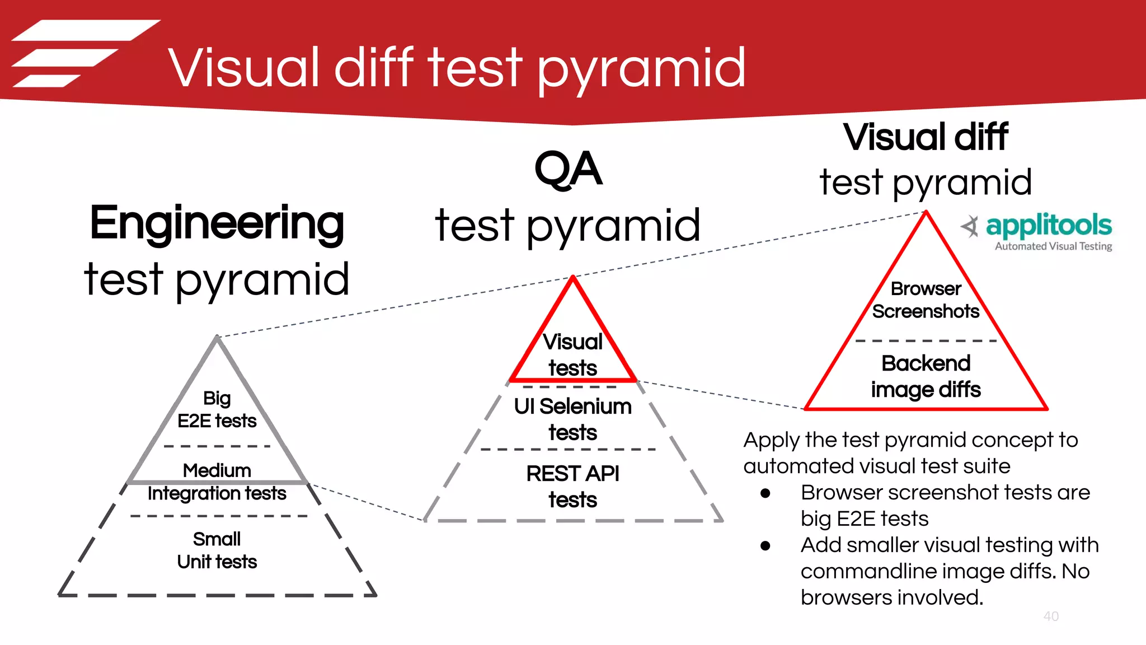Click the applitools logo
(x=1036, y=226)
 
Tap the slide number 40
(x=1051, y=616)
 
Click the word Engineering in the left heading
(x=217, y=223)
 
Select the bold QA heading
(x=568, y=169)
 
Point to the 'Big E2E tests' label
(x=217, y=409)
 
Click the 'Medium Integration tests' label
(x=217, y=482)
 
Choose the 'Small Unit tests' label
(x=217, y=550)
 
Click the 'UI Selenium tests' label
(x=572, y=419)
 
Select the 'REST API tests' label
(x=572, y=487)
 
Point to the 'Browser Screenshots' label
(x=926, y=300)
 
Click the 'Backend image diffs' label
(x=926, y=376)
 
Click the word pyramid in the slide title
(x=642, y=69)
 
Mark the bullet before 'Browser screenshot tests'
(x=765, y=493)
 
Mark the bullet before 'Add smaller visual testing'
(x=765, y=546)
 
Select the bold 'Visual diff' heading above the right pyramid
(x=926, y=137)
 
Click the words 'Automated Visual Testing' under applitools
(x=1053, y=246)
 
